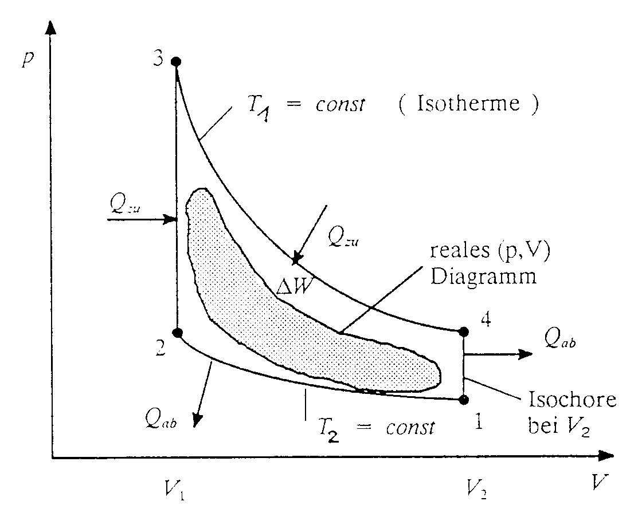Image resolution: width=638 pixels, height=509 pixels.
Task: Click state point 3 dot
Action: point(177,61)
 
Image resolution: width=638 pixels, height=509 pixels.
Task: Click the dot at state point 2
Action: point(178,332)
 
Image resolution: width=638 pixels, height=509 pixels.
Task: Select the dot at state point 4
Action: point(464,331)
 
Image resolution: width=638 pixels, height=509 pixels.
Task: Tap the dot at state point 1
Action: point(464,399)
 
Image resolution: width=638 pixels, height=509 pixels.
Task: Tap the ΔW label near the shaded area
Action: point(294,287)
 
